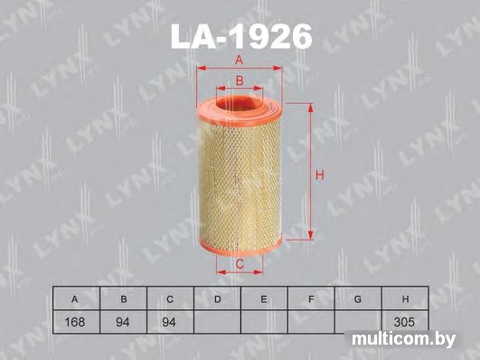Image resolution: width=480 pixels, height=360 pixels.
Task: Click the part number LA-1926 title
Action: (241, 37)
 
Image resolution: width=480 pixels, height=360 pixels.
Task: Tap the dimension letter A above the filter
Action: (239, 59)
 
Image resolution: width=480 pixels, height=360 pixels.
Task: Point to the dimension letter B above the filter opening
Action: (240, 81)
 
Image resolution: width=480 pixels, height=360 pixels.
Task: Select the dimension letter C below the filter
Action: (240, 263)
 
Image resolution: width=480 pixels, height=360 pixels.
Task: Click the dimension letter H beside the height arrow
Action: (320, 175)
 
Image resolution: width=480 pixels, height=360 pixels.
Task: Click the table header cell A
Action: (74, 299)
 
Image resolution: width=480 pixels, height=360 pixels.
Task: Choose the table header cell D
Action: (217, 299)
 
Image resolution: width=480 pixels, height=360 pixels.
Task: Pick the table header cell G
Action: (358, 299)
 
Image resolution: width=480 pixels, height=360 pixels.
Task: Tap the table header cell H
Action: (405, 299)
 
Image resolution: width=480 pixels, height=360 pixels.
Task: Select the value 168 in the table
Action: (75, 322)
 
